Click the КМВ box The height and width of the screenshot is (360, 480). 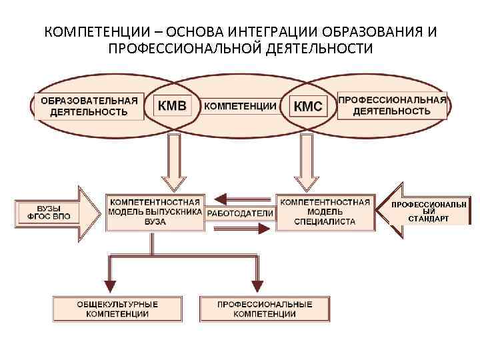[x=172, y=105]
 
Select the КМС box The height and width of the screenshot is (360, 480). [x=308, y=106]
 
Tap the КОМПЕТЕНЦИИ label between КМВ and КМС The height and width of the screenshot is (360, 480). [x=240, y=106]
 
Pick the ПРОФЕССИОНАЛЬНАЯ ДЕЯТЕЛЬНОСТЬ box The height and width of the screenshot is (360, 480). [x=392, y=105]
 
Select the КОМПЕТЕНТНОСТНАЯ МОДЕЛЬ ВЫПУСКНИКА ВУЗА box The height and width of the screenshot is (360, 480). [x=155, y=212]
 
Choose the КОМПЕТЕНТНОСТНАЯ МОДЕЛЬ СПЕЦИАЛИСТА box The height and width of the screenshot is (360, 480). [x=325, y=211]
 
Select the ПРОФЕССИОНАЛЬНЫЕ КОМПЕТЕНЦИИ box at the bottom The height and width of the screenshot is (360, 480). [x=265, y=309]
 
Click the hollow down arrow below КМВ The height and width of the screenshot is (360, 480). [x=175, y=163]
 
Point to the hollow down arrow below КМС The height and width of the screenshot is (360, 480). [x=308, y=163]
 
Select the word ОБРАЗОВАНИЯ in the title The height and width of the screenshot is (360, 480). [x=373, y=32]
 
